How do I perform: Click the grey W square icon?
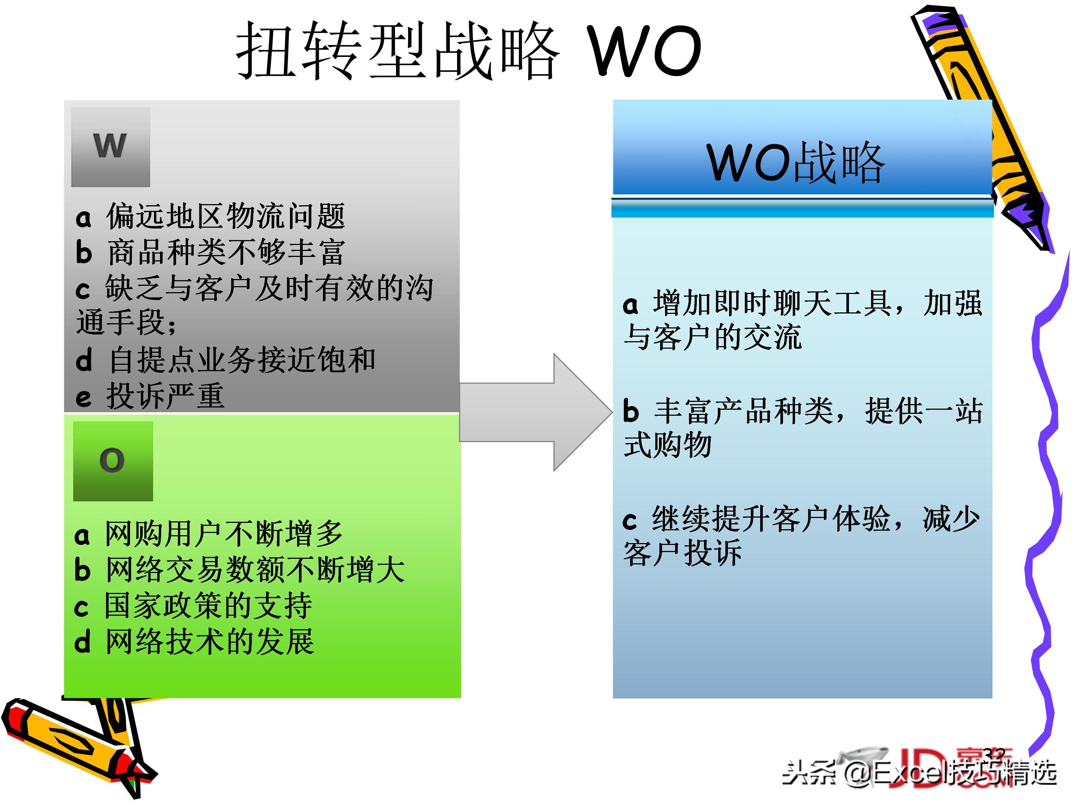(x=111, y=147)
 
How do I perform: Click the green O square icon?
(x=113, y=461)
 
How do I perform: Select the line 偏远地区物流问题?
(x=226, y=216)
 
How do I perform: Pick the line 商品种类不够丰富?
(x=226, y=252)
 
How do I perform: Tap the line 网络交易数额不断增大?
(x=255, y=570)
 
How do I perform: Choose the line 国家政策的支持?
(x=208, y=606)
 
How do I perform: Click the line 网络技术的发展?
(x=210, y=642)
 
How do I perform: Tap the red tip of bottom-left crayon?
(x=15, y=717)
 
